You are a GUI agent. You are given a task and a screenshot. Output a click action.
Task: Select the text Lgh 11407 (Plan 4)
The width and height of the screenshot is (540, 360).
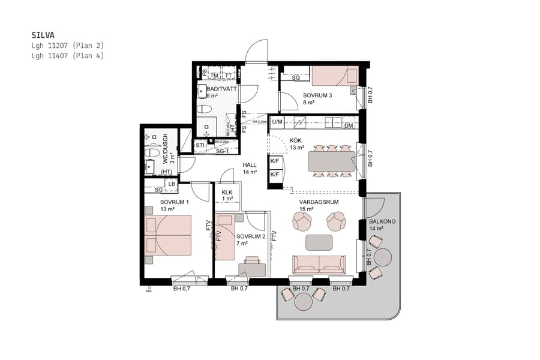coord(68,55)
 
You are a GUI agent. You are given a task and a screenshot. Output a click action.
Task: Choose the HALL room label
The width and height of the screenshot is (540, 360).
coord(250,164)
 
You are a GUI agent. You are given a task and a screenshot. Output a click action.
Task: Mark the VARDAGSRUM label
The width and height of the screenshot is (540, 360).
coord(319,202)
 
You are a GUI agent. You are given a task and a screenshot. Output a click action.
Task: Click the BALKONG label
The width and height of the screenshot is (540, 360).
coord(382,221)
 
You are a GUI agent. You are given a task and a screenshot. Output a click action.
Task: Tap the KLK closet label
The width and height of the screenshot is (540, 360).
coord(227,192)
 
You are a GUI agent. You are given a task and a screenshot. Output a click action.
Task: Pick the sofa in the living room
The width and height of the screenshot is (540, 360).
coord(319,264)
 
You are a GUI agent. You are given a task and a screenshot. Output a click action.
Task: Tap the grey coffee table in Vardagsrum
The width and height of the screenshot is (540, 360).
coord(319,242)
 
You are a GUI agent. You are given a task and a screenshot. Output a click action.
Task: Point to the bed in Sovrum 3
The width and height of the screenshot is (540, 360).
coord(334,76)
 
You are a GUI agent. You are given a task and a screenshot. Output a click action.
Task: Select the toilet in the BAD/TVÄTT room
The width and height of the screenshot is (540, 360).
coord(205,109)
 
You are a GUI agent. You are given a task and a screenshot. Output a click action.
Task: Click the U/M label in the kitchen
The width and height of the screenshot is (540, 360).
coord(277,124)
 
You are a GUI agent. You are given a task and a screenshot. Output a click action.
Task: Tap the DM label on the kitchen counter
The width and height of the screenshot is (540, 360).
coord(349,125)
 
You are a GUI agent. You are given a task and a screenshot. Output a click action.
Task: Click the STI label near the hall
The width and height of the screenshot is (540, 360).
coord(200,145)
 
